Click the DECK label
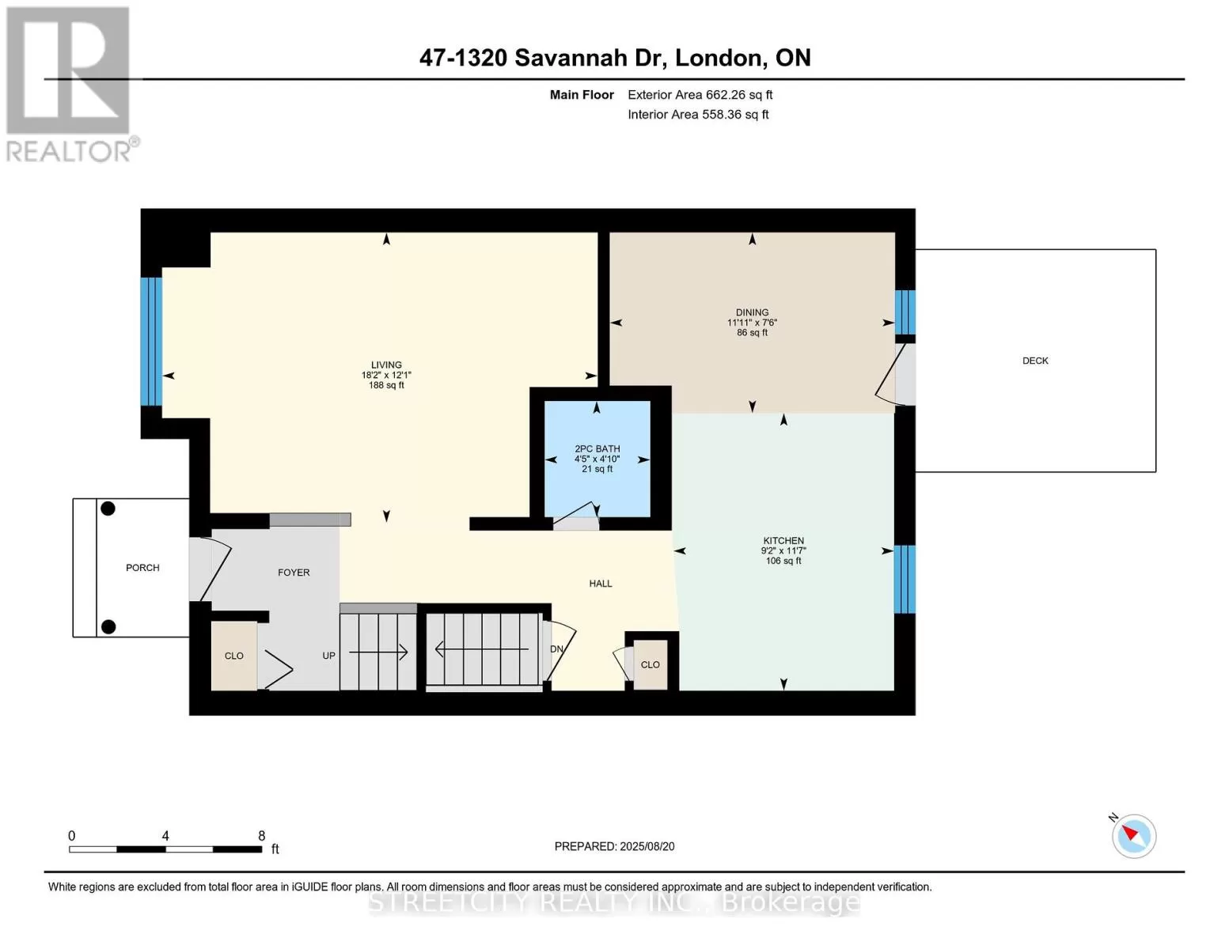click(1035, 361)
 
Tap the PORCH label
click(142, 568)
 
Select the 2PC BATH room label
click(597, 448)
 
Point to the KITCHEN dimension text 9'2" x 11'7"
click(783, 550)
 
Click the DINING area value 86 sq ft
click(753, 332)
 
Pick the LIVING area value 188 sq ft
click(386, 385)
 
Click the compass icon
click(1133, 836)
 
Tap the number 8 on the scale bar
click(261, 836)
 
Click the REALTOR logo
click(71, 85)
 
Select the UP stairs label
click(328, 656)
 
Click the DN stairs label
click(556, 648)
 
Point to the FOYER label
click(294, 573)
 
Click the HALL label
click(601, 584)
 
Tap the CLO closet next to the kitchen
click(650, 665)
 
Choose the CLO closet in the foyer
click(234, 656)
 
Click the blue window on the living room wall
click(151, 342)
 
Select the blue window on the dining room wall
click(905, 312)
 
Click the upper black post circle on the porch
click(108, 509)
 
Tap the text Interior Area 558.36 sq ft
click(698, 115)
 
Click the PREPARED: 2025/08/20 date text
click(614, 847)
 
